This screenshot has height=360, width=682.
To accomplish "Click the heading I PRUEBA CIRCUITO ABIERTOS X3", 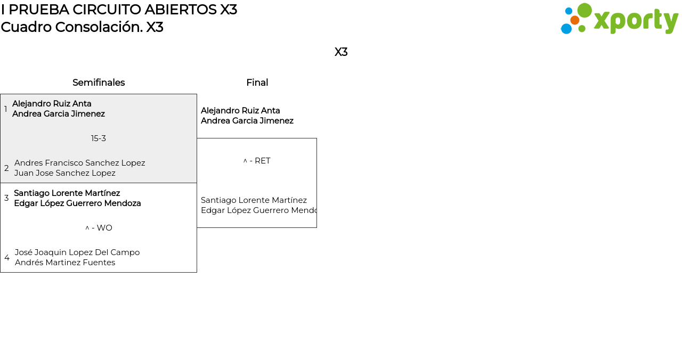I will (x=119, y=10).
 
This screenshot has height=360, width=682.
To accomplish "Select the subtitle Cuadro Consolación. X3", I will (x=82, y=27).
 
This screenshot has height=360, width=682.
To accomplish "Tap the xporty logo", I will (x=619, y=19).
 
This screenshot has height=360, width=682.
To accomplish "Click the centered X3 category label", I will (x=341, y=52).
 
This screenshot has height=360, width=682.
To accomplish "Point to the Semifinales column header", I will (x=99, y=83).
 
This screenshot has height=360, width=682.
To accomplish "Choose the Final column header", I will (x=257, y=83).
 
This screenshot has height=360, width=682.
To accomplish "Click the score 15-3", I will (x=99, y=138).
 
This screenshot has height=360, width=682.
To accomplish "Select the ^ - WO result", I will (x=99, y=228).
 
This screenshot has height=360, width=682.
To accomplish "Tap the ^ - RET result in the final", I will (x=257, y=161).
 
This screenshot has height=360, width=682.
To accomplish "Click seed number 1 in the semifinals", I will (x=6, y=109).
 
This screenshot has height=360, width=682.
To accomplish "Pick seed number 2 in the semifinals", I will (x=6, y=168).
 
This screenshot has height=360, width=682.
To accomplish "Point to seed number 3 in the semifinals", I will (x=6, y=198).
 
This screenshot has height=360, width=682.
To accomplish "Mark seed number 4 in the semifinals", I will (x=7, y=258).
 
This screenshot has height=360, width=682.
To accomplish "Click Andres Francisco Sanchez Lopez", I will (x=79, y=163).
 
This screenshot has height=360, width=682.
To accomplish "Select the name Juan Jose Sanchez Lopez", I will (x=64, y=173).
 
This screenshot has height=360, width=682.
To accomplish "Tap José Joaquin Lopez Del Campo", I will (x=77, y=252).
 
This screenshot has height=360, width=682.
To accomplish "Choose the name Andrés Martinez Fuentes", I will (x=65, y=263).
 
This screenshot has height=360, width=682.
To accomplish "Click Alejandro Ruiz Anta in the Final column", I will (x=240, y=111).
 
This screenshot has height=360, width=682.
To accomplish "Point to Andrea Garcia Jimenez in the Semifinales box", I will (x=59, y=114).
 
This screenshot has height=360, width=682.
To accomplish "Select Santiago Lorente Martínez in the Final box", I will (x=254, y=200).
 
